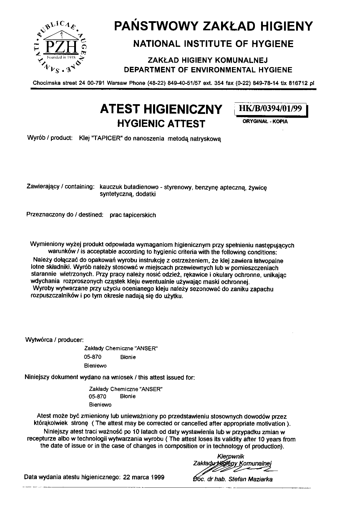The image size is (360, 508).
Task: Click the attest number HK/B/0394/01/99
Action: (271, 109)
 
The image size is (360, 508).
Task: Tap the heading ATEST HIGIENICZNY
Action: (161, 109)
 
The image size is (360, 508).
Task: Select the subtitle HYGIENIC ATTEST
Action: (161, 123)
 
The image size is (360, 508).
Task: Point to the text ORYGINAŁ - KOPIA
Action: (265, 121)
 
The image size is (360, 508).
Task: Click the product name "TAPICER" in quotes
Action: (107, 139)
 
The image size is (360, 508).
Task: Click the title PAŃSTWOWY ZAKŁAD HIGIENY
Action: (213, 26)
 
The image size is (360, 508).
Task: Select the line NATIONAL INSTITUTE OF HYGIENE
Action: (213, 44)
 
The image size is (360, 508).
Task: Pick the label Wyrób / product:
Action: (50, 138)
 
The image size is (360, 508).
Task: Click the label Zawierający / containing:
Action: (61, 187)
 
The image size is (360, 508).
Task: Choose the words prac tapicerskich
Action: (133, 215)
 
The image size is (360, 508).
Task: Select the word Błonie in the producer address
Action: (128, 357)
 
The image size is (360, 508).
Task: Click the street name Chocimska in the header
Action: (46, 83)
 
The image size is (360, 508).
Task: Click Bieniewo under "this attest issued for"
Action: (100, 405)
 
